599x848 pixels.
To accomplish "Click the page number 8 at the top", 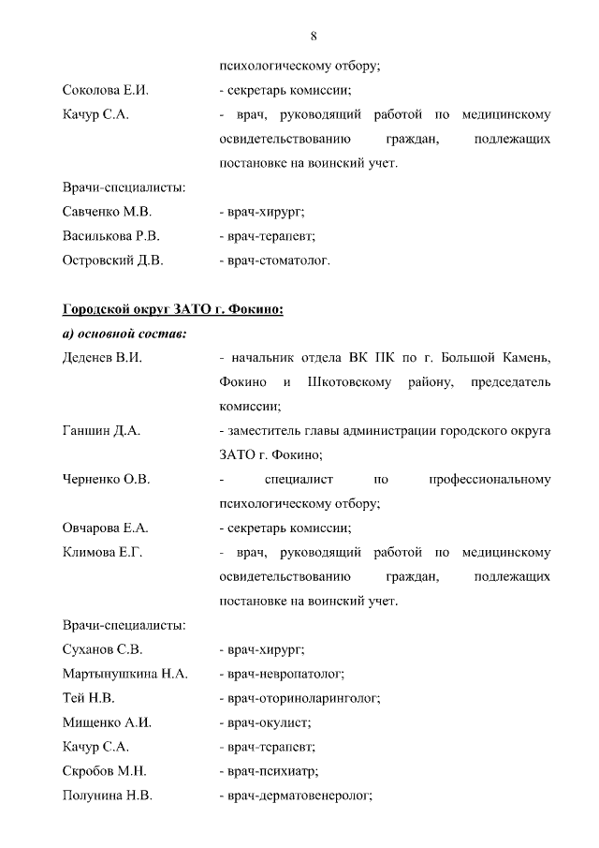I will pyautogui.click(x=314, y=36).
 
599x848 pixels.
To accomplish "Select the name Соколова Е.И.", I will pyautogui.click(x=105, y=91).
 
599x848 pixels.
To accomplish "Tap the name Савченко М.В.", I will pyautogui.click(x=107, y=212).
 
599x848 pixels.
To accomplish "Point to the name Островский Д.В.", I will pyautogui.click(x=112, y=260).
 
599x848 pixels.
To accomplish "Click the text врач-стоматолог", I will pyautogui.click(x=274, y=260).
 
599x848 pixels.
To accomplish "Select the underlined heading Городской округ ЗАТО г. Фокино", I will pyautogui.click(x=172, y=309).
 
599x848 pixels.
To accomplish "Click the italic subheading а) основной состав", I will pyautogui.click(x=125, y=334).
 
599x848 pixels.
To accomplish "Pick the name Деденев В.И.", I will pyautogui.click(x=103, y=358).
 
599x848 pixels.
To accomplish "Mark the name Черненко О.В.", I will pyautogui.click(x=106, y=480).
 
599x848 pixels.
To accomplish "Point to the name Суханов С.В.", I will pyautogui.click(x=103, y=649).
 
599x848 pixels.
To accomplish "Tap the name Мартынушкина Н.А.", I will pyautogui.click(x=124, y=674).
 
